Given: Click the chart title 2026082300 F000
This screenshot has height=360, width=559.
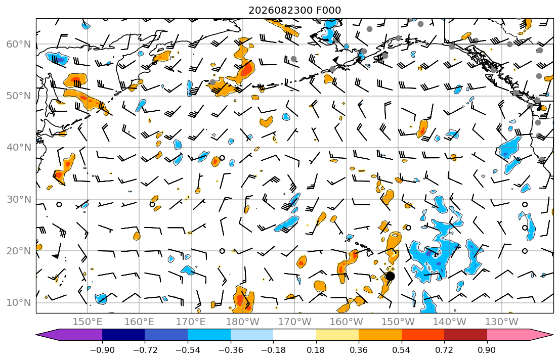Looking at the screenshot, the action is click(x=294, y=10).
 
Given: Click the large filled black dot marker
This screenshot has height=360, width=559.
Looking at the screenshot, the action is click(x=391, y=276).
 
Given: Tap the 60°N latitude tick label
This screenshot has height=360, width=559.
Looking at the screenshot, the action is click(x=19, y=44).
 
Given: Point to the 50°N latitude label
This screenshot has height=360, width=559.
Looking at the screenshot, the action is click(x=19, y=96).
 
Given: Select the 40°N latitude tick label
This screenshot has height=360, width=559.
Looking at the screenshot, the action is click(x=19, y=147).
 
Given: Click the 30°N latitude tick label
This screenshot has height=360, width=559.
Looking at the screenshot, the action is click(x=19, y=199).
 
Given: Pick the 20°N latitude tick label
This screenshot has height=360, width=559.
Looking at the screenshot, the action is click(x=19, y=251).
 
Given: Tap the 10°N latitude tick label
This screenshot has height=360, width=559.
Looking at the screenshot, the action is click(x=19, y=303).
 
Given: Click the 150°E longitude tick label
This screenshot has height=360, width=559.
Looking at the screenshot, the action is click(x=88, y=322).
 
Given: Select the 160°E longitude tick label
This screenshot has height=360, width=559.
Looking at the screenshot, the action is click(x=139, y=322).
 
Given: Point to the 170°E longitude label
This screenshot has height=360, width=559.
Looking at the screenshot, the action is click(x=191, y=322).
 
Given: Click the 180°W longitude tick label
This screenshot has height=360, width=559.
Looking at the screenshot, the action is click(x=243, y=322).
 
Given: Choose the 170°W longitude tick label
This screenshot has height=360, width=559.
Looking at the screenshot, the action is click(x=294, y=322).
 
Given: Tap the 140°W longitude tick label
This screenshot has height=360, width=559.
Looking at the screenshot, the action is click(x=450, y=322).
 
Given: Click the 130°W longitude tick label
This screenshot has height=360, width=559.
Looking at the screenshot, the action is click(x=502, y=322).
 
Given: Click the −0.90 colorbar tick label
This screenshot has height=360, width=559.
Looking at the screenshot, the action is click(x=102, y=350).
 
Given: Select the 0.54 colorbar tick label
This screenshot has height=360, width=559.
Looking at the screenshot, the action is click(x=402, y=350).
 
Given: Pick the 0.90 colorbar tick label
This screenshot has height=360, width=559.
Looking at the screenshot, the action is click(x=487, y=350).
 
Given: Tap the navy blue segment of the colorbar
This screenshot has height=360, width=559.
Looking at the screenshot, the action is click(x=123, y=335).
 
